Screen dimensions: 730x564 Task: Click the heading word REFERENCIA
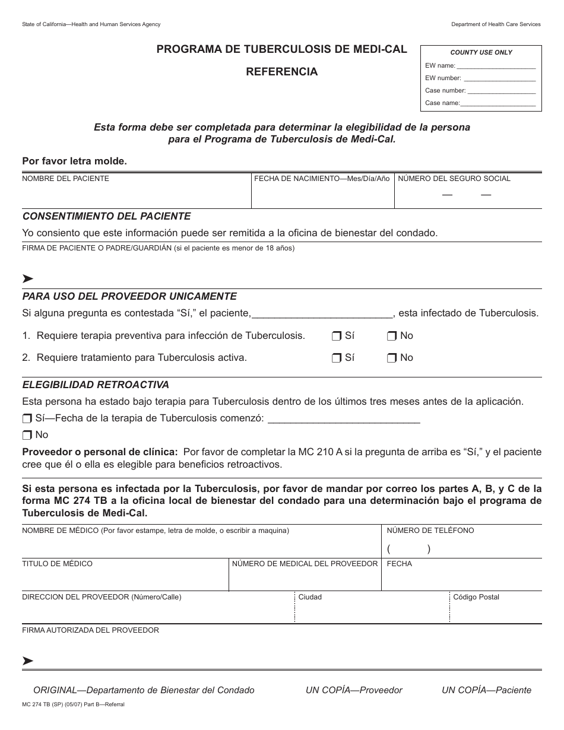point(282,72)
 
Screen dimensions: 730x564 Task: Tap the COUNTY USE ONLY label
point(481,52)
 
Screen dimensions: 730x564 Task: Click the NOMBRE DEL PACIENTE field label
point(65,179)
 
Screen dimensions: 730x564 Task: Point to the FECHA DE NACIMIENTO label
point(322,179)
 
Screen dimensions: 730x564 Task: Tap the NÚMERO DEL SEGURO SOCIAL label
point(454,179)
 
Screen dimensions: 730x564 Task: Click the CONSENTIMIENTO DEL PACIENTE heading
point(106,216)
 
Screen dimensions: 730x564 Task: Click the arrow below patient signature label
point(27,278)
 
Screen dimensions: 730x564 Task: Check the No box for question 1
point(391,336)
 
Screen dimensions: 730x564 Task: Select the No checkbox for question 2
point(391,358)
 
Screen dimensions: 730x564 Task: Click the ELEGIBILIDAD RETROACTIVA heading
point(96,385)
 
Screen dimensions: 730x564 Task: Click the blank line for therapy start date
point(344,419)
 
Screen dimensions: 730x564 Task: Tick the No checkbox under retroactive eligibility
point(27,435)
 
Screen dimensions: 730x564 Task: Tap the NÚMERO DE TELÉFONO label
point(430,531)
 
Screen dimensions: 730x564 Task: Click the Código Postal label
point(476,597)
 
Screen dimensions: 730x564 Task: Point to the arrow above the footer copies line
point(27,661)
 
